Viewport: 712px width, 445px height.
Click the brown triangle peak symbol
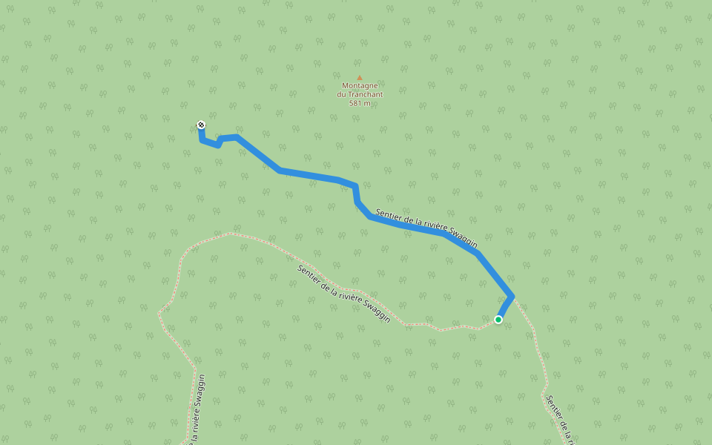pos(360,77)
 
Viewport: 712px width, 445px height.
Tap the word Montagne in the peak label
pos(360,85)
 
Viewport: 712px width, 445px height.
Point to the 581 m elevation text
pos(360,102)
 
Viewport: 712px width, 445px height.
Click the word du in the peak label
pos(342,94)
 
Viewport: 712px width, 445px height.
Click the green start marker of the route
pos(498,320)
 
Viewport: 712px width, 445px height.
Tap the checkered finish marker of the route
pos(201,125)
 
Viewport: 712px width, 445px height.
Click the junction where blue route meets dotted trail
pos(512,296)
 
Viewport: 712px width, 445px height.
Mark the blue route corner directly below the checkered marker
pos(202,139)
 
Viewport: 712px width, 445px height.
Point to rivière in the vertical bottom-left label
pos(194,429)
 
